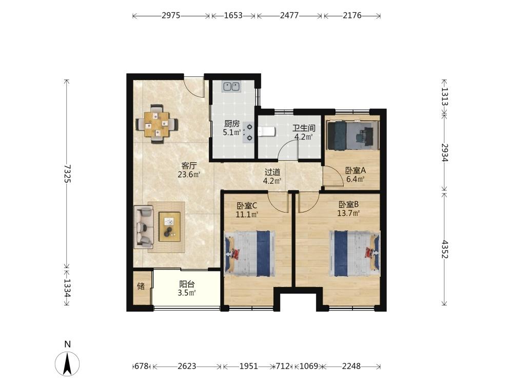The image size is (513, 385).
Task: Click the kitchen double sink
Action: point(232,86)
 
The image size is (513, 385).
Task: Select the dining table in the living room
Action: point(157,124)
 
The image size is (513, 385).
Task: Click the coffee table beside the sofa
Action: point(169,227)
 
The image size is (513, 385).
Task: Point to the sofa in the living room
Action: point(144,227)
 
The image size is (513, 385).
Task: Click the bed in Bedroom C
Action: point(249,254)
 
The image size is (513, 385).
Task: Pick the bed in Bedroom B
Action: point(354,254)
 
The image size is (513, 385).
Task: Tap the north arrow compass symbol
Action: point(67,363)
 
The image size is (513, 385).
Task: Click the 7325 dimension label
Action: point(67,173)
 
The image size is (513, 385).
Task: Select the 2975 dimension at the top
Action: point(171,15)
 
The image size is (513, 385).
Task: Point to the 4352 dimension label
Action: point(444,249)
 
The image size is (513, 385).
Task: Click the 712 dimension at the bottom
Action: point(283,366)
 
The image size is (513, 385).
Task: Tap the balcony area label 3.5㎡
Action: point(187,293)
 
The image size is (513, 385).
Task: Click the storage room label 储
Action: point(141,286)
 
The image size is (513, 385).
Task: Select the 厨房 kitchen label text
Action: point(232,124)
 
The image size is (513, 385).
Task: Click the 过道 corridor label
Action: point(272,172)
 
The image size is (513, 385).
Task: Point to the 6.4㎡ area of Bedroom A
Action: point(356,179)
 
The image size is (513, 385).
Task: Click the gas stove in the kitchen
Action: point(249,132)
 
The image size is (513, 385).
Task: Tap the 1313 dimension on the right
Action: point(444,97)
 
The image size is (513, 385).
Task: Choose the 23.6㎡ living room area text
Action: point(189,175)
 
